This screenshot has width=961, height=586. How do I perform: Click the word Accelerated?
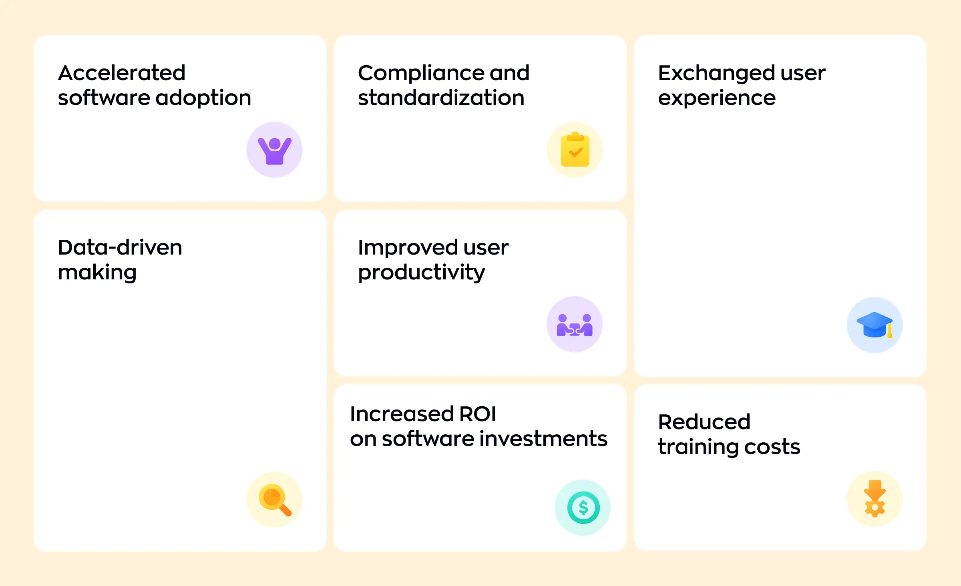(x=121, y=73)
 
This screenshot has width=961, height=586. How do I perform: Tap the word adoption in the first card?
(x=203, y=98)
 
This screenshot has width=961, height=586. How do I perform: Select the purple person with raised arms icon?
(x=274, y=150)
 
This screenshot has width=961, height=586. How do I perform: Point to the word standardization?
(x=441, y=98)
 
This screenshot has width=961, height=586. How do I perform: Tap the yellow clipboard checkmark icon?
(x=575, y=150)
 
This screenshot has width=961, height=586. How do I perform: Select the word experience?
(x=717, y=98)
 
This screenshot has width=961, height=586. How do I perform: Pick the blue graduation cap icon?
(x=875, y=325)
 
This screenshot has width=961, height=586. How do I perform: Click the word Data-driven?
(x=120, y=247)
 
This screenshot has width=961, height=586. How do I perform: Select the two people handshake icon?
(x=575, y=325)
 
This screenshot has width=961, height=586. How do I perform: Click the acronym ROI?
(x=477, y=414)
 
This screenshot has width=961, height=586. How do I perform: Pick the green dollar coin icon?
(x=583, y=508)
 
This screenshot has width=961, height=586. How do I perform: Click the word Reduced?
(x=704, y=422)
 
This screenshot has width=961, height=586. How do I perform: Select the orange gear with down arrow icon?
(x=875, y=499)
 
